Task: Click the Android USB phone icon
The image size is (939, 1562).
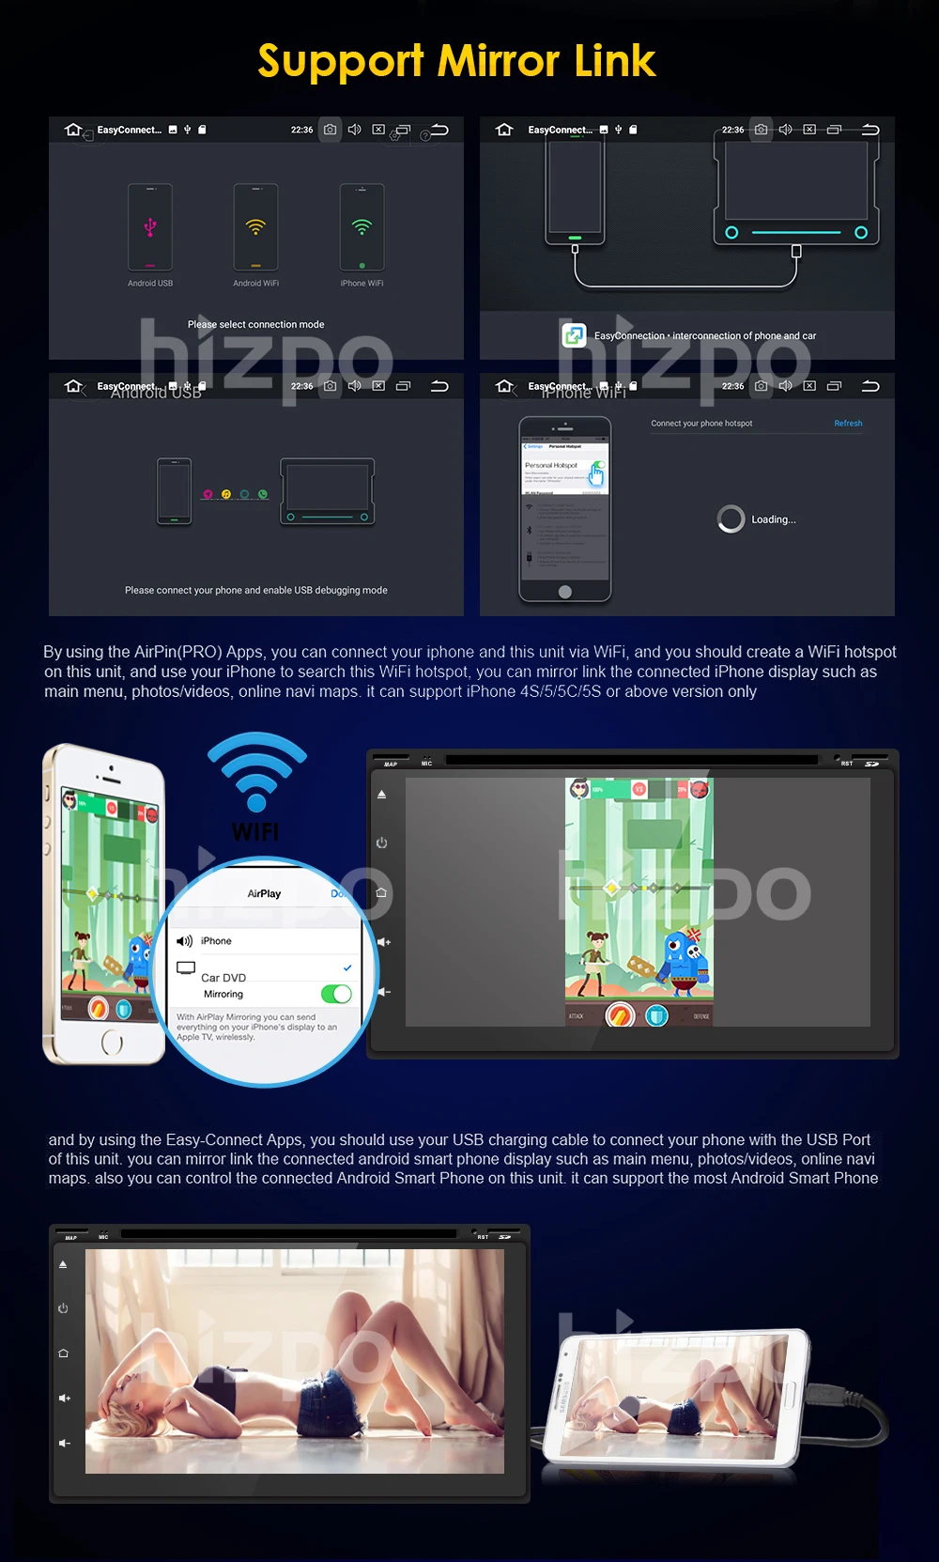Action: (150, 228)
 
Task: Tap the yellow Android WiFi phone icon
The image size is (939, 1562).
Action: (255, 228)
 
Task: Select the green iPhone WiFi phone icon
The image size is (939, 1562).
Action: (362, 228)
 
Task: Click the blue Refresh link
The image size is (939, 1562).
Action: (848, 424)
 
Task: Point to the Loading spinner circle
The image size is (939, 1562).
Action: (731, 518)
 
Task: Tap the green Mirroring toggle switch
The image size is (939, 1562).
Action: (336, 994)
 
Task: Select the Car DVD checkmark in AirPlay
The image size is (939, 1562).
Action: (347, 967)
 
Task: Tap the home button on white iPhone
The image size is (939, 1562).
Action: (112, 1042)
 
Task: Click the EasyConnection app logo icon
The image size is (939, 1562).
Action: (574, 334)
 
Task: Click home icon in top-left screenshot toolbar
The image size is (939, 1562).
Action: (73, 130)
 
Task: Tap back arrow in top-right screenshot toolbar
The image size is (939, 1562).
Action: (870, 130)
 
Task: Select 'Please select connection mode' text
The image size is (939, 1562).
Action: (255, 325)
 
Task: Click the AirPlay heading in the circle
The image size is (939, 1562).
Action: (264, 894)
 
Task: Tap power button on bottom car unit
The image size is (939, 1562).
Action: (63, 1308)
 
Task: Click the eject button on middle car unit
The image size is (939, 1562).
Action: (381, 795)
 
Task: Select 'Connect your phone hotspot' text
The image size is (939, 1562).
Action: (701, 424)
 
